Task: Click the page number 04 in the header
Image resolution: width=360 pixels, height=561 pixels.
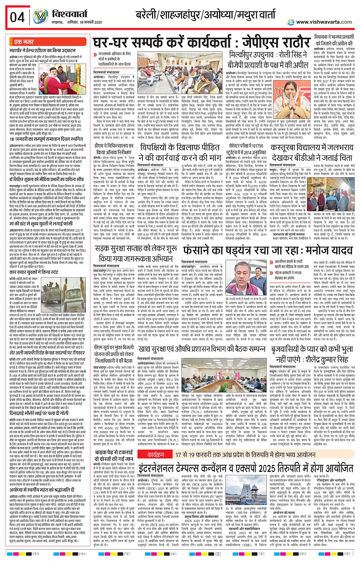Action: point(18,17)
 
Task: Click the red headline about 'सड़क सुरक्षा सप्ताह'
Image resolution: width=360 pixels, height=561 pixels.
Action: point(136,254)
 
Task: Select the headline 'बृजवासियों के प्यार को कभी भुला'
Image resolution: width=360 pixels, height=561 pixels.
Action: point(312,354)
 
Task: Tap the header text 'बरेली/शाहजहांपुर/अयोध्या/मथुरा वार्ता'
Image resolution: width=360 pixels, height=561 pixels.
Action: point(205,15)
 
